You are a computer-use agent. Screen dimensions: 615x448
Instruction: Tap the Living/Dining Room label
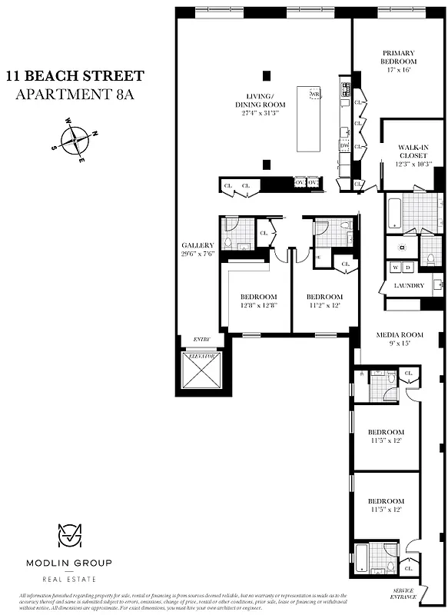coord(261,105)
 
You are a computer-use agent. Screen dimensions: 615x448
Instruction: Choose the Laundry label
coord(409,286)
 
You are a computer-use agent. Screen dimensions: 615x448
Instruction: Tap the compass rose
coord(75,140)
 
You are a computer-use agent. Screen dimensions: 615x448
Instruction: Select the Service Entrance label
coord(401,593)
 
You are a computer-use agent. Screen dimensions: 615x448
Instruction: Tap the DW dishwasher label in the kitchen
coord(344,145)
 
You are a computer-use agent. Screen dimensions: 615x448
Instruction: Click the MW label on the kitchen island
coord(314,94)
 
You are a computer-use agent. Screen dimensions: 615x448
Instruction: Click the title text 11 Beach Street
coord(75,75)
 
